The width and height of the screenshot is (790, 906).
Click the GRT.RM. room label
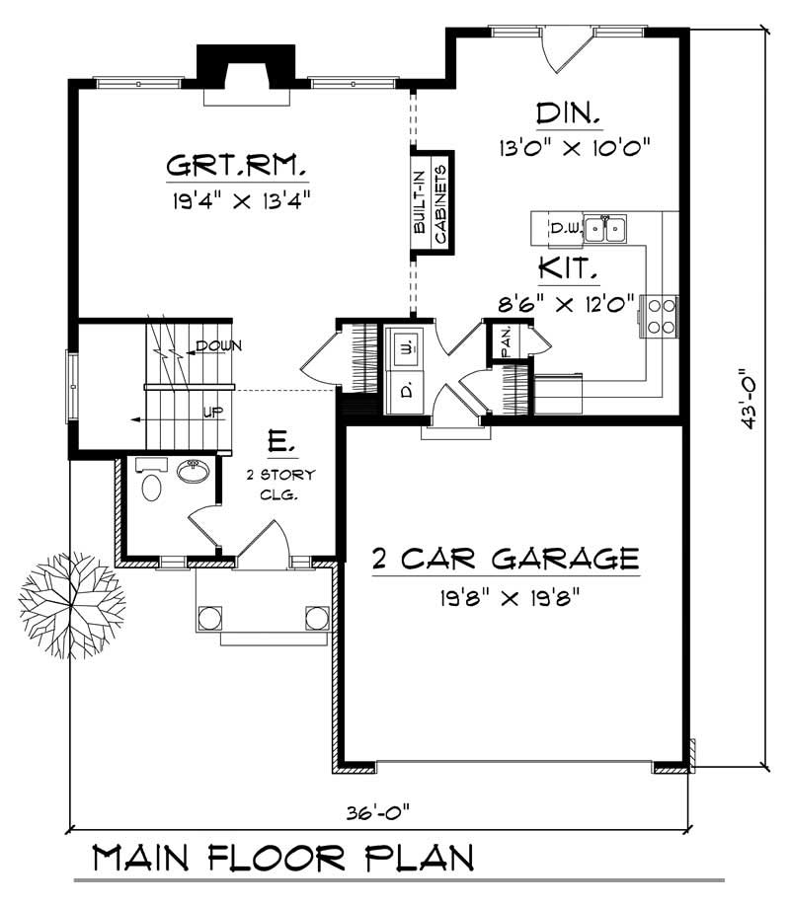(x=236, y=164)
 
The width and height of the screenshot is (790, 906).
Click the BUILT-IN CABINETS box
(x=432, y=203)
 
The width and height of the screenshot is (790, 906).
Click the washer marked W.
(x=405, y=347)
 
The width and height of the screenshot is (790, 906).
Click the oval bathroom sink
(x=194, y=473)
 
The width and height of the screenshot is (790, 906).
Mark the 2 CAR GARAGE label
(x=504, y=559)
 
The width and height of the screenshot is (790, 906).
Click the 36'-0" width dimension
(x=377, y=813)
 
